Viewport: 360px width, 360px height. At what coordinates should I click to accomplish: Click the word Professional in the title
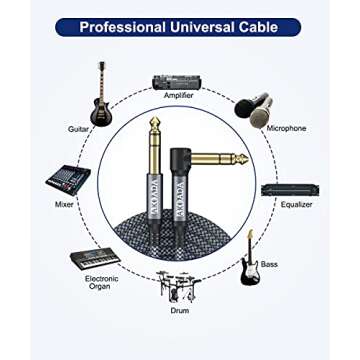coord(123,27)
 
